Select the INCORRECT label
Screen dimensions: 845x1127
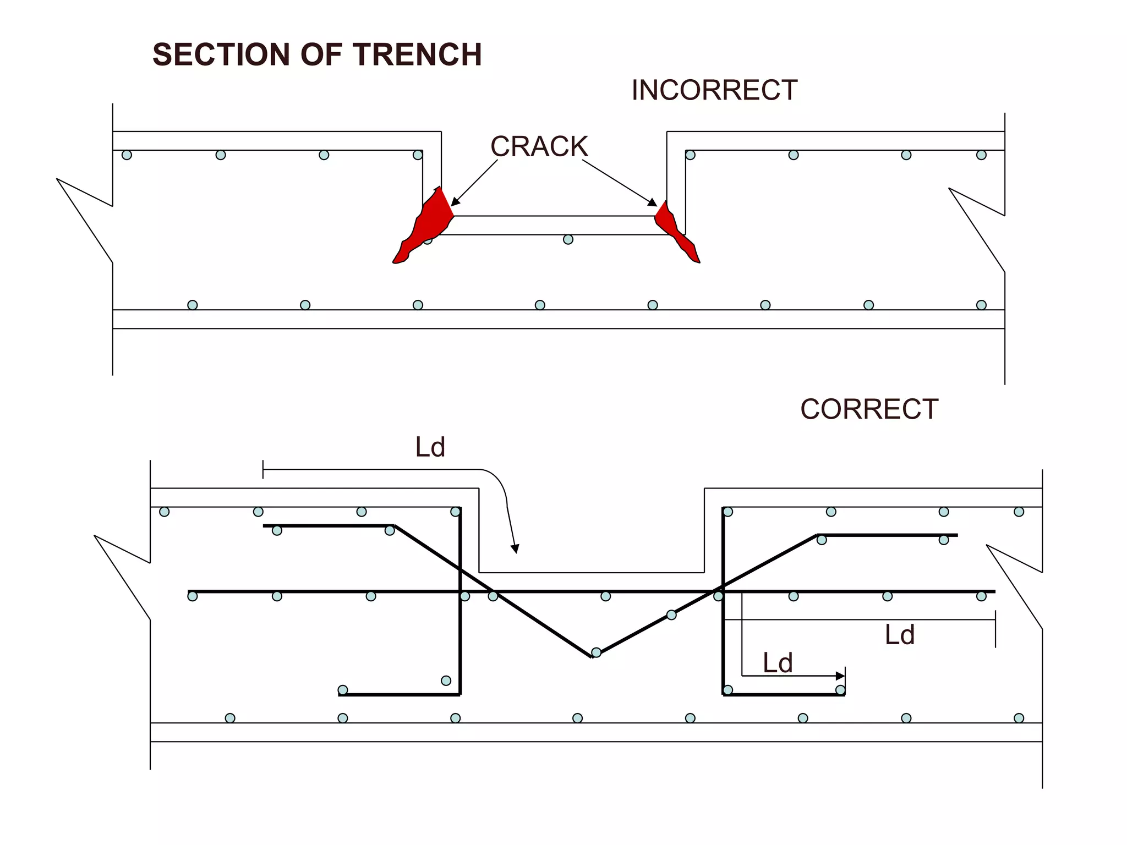click(714, 90)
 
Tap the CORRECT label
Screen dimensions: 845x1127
click(869, 409)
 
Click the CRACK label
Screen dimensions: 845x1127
click(539, 146)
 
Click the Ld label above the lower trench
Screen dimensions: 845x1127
click(430, 447)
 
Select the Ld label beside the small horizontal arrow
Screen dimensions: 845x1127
click(777, 663)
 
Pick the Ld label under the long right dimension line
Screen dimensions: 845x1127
click(899, 635)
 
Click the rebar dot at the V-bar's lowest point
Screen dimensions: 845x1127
click(596, 653)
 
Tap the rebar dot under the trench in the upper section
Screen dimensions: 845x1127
click(568, 239)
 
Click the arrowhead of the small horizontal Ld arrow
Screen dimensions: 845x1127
click(840, 676)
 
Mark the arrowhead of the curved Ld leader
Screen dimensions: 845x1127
click(515, 548)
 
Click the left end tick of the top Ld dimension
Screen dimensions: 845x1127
click(263, 470)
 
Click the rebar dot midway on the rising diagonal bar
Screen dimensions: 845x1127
click(671, 615)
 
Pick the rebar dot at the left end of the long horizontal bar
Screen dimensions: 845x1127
click(193, 596)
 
